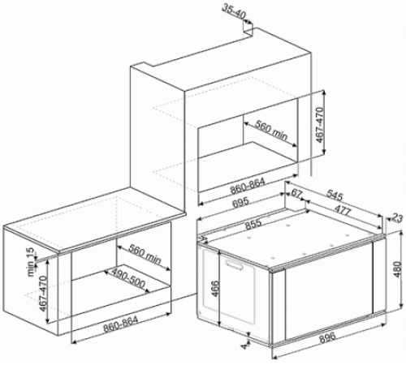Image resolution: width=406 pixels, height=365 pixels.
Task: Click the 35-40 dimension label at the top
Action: (x=233, y=11)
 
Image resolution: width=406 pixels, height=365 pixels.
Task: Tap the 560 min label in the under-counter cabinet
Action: (x=145, y=254)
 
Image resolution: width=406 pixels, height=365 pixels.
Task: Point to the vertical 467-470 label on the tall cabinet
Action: (x=320, y=125)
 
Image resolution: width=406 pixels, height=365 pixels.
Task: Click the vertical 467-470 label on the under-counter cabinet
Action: (x=43, y=294)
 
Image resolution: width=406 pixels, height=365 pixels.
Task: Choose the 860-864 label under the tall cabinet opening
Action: (x=247, y=187)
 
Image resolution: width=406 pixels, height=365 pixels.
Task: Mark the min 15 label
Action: (x=32, y=262)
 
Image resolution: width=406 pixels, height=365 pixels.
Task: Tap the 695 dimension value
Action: (x=240, y=202)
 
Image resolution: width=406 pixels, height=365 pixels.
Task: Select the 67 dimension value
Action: (x=296, y=193)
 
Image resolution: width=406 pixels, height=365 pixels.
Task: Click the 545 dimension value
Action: (x=335, y=195)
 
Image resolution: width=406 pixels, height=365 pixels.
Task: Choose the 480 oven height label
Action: (x=397, y=269)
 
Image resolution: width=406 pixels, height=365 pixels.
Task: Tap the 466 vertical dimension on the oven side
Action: (x=214, y=289)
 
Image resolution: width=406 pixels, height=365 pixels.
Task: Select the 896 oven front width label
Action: (x=327, y=337)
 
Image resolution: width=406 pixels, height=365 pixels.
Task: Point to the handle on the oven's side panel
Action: (x=234, y=264)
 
